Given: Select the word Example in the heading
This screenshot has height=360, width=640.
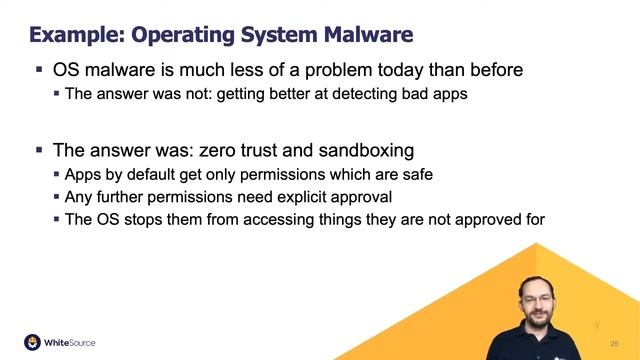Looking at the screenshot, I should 71,36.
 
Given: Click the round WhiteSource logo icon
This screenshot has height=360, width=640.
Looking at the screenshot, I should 32,341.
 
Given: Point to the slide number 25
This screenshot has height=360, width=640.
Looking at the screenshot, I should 613,343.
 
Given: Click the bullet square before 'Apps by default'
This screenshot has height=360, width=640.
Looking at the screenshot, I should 56,174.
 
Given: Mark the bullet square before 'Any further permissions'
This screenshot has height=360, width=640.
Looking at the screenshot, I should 56,197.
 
